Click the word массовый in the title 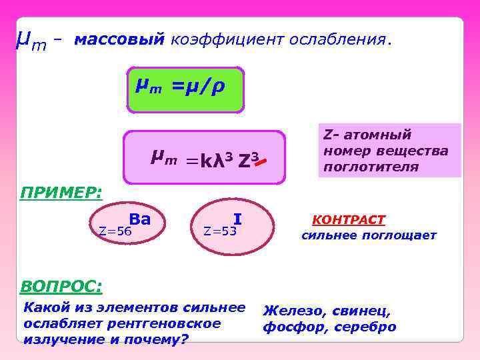119,39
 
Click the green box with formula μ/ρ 185,88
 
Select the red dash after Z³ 262,161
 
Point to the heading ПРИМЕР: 61,193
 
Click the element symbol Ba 140,219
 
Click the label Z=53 221,231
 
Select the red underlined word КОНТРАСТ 349,220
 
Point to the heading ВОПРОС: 61,287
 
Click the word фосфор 287,327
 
